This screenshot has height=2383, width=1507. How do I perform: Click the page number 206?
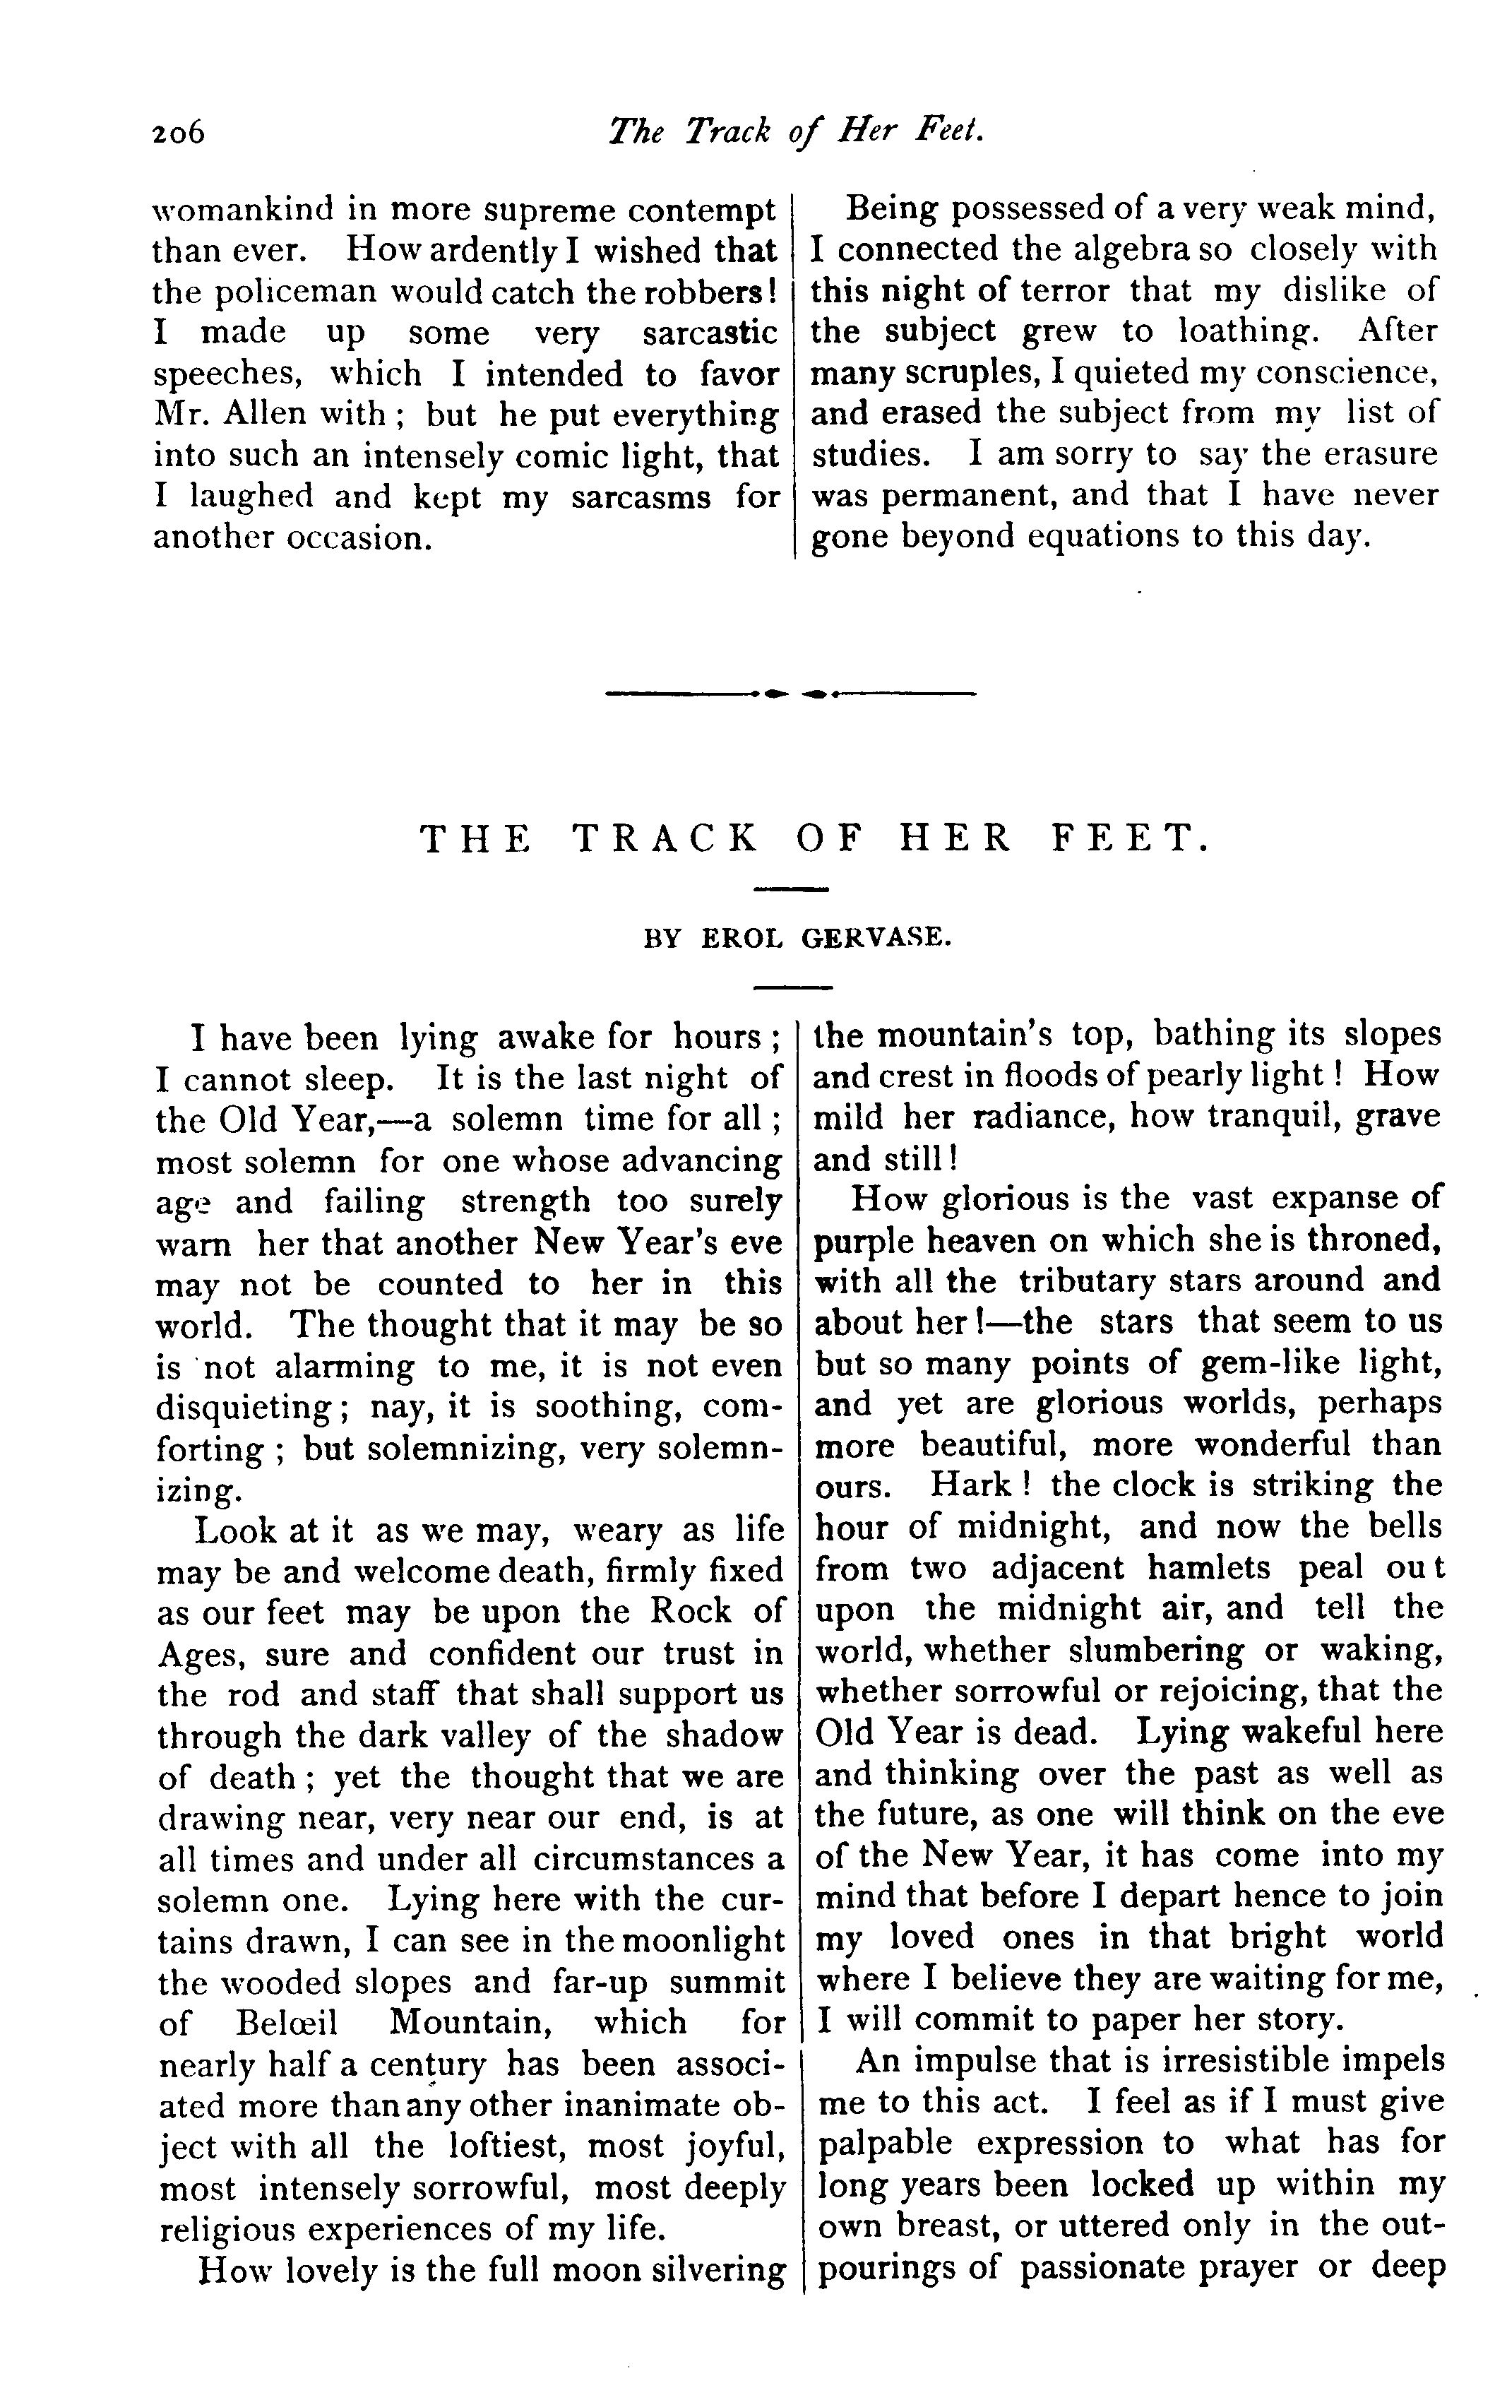coord(178,131)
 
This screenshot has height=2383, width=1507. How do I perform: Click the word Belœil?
coord(274,2022)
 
